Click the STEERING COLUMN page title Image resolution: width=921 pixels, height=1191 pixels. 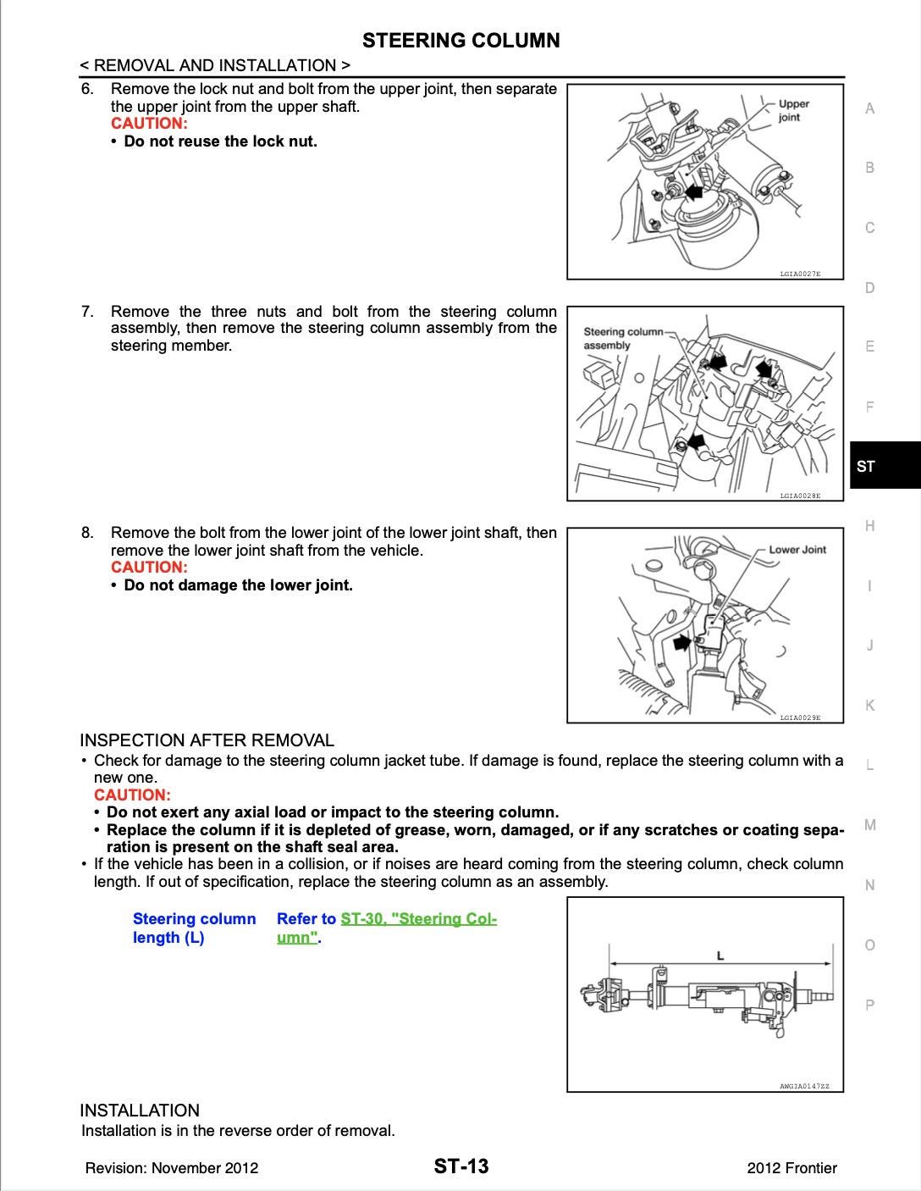[460, 41]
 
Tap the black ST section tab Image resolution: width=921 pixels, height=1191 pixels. [884, 466]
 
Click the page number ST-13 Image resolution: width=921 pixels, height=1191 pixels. [461, 1166]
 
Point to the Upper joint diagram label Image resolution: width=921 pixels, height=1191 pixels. [793, 111]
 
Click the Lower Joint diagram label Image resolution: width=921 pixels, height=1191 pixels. [797, 550]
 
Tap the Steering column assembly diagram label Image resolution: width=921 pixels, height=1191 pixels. [623, 338]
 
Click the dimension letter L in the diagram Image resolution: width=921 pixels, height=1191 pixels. [720, 956]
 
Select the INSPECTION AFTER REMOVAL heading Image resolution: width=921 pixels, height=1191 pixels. [207, 740]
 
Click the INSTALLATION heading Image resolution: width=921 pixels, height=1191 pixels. [140, 1111]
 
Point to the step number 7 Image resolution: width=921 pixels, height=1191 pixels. [87, 312]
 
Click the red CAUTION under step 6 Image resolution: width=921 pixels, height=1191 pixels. [149, 124]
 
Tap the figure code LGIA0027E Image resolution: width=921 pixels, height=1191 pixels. [800, 274]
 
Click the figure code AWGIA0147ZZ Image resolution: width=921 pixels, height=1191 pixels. [804, 1086]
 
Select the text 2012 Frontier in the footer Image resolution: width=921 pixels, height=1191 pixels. [791, 1168]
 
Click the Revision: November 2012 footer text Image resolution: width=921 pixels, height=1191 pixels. [172, 1168]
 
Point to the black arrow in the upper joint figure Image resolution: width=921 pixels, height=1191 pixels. [695, 193]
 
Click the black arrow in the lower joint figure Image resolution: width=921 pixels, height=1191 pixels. [681, 643]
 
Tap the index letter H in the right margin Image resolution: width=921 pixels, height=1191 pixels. [869, 526]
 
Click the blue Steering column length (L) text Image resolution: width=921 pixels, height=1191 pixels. [194, 928]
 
